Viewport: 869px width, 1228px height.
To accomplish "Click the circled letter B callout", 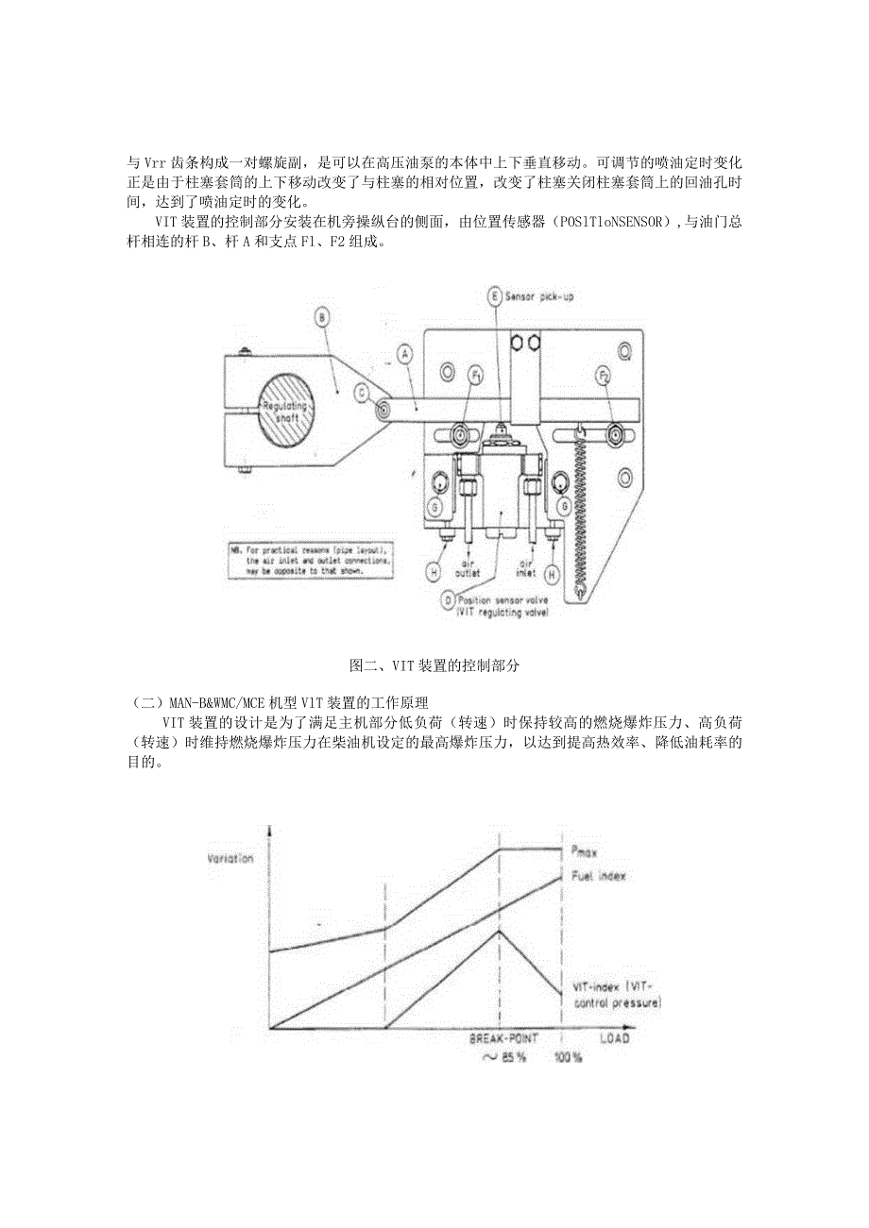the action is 323,318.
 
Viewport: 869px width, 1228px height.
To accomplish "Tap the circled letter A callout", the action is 404,354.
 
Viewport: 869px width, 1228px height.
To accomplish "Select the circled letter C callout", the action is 362,390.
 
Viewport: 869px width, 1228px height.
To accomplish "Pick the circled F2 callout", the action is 603,376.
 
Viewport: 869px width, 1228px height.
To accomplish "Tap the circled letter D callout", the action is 447,599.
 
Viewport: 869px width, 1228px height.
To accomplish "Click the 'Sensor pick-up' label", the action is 540,296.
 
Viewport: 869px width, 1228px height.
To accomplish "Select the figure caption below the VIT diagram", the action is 434,665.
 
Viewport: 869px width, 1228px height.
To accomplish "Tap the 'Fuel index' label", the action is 599,877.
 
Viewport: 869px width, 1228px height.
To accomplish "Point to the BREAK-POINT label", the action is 504,1038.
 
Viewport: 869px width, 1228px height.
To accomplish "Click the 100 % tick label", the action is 568,1057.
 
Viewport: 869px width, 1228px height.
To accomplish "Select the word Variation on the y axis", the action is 230,858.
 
